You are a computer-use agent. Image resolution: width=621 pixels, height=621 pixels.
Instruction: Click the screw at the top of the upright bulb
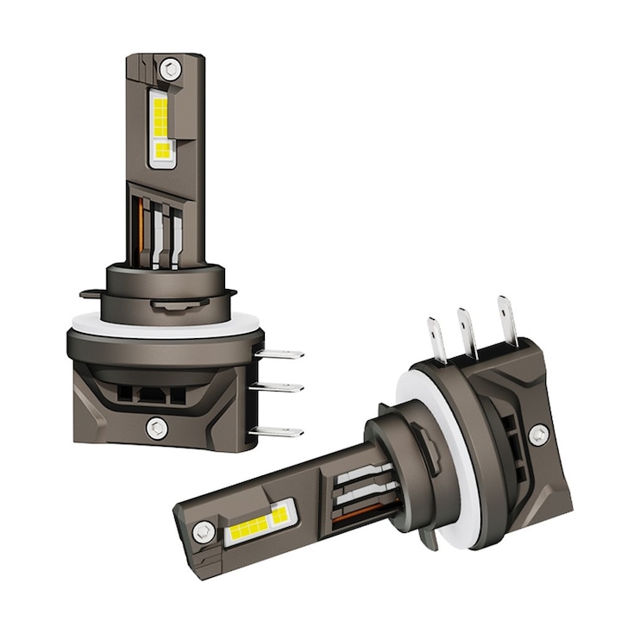click(171, 66)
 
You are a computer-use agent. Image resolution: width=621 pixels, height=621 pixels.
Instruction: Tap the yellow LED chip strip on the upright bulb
click(160, 129)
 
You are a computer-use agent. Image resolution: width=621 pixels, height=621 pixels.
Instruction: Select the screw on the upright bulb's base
click(156, 426)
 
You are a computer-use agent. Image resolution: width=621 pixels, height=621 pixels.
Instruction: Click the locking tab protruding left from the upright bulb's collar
click(91, 294)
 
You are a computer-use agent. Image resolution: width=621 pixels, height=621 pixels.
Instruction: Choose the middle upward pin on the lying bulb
click(468, 327)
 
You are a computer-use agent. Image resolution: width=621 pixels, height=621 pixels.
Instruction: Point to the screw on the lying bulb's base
click(539, 434)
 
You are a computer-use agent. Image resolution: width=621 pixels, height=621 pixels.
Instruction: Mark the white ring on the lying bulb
click(448, 448)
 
